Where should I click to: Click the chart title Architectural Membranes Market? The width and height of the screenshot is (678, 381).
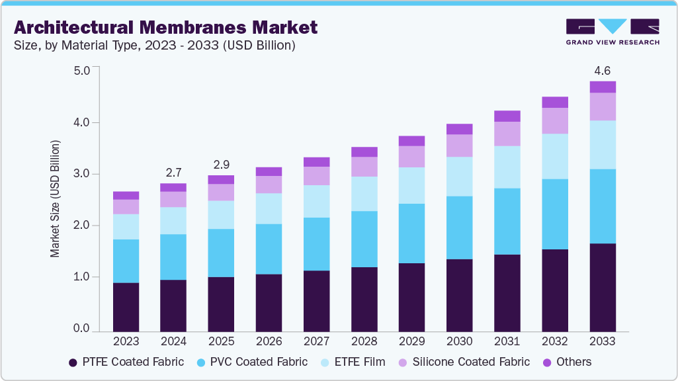tap(165, 27)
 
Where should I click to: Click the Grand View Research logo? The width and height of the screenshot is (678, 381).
tap(613, 32)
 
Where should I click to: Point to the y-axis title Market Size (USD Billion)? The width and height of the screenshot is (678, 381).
tap(55, 198)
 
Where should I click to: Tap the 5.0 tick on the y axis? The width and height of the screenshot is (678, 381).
tap(81, 71)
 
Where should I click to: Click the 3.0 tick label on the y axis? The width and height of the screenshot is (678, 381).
tap(81, 174)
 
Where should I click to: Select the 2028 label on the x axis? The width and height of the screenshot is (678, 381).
tap(364, 341)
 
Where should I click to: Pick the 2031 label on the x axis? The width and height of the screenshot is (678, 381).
tap(507, 341)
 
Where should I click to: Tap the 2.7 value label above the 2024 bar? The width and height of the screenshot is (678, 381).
tap(173, 172)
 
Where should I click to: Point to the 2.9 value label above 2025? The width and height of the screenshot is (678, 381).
tap(221, 163)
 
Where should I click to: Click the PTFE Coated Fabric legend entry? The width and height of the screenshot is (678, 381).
tap(126, 362)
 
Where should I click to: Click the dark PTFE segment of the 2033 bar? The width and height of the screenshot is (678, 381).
tap(603, 287)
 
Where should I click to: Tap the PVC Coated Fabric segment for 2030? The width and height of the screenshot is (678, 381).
tap(460, 228)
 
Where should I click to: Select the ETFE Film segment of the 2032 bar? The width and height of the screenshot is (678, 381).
tap(555, 156)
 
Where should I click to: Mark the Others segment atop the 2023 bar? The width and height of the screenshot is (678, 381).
tap(126, 195)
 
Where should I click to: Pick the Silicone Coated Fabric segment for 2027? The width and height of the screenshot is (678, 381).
tap(316, 175)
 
